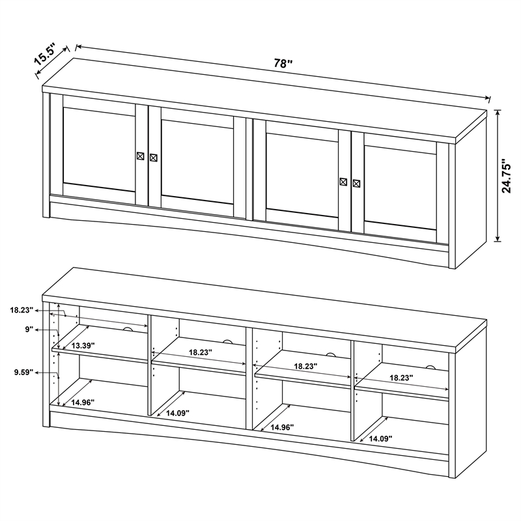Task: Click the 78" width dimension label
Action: (283, 63)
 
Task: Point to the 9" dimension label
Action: (29, 330)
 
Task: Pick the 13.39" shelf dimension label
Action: (84, 345)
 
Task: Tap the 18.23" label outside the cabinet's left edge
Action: (22, 311)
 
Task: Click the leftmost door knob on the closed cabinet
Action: (141, 156)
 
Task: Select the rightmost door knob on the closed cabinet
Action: (356, 183)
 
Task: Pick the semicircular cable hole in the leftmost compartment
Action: (128, 331)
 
